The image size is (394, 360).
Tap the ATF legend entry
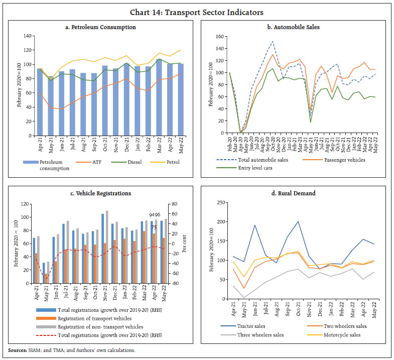[x=103, y=162]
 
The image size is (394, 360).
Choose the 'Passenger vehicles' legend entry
[x=340, y=159]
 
